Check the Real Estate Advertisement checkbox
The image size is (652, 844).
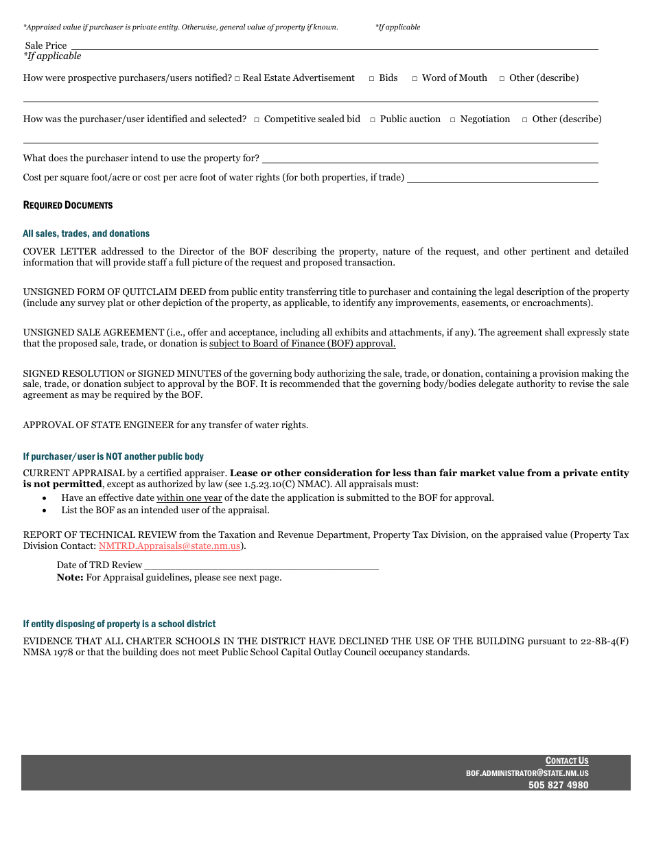pos(237,79)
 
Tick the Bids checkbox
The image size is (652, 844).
pos(371,79)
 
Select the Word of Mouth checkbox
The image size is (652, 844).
pos(415,79)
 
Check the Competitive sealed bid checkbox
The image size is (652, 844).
pos(257,120)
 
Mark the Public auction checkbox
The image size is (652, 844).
pos(373,120)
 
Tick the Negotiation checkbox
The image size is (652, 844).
pos(453,120)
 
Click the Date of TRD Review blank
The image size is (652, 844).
pos(261,565)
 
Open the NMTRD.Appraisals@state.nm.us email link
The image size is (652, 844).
pos(169,546)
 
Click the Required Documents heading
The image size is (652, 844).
pos(68,205)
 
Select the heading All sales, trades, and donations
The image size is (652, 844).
pos(86,234)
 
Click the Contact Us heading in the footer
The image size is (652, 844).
pos(566,760)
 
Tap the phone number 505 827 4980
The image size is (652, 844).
pos(558,785)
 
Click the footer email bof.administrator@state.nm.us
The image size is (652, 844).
pos(526,773)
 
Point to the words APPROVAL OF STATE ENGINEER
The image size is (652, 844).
pos(98,425)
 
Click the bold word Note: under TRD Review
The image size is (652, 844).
pos(70,578)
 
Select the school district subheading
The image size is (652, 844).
pos(119,624)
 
